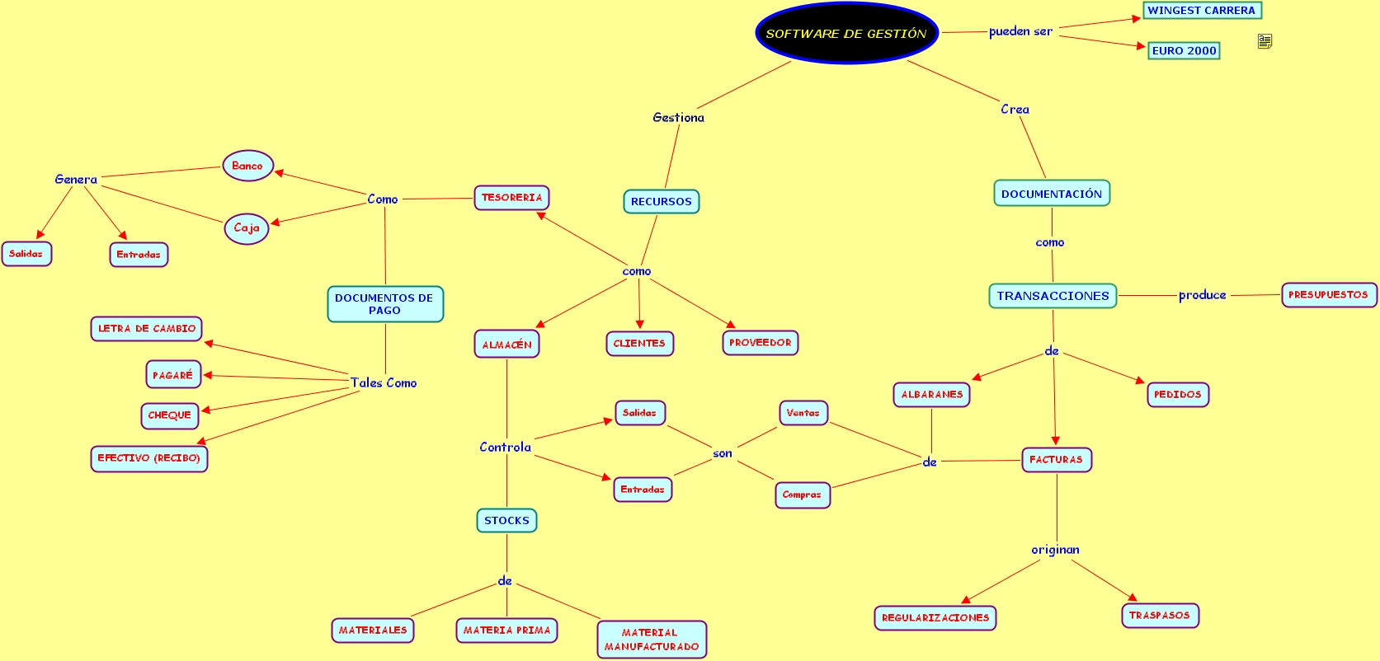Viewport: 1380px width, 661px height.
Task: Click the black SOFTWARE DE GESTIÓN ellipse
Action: coord(846,34)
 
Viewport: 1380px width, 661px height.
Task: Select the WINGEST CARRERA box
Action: coord(1201,11)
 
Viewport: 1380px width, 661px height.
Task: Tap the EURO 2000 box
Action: coord(1184,51)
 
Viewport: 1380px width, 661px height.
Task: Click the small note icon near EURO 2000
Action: coord(1265,41)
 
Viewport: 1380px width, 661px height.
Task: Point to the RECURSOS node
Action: coord(661,202)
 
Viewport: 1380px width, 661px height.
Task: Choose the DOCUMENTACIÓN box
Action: coord(1052,194)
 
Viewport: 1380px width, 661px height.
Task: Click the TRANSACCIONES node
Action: coord(1053,296)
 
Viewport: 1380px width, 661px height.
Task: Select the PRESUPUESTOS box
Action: coord(1328,295)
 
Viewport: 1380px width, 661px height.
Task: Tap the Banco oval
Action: coord(247,166)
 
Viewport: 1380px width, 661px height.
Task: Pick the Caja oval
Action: coord(247,228)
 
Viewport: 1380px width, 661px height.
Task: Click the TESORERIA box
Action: coord(511,198)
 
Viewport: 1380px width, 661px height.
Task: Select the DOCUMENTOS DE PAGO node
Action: coord(385,304)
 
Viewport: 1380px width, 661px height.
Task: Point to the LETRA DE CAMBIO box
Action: coord(146,329)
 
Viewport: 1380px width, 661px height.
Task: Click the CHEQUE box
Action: coord(170,415)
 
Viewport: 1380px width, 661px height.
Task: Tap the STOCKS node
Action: coord(506,521)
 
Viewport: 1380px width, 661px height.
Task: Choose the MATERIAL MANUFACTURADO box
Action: coord(652,640)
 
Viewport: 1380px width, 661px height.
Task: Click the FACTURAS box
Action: coord(1056,460)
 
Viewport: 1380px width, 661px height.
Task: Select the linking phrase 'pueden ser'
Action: coord(1020,32)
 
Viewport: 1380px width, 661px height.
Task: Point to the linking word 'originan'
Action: coord(1055,550)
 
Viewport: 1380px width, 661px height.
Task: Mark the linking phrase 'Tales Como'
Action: coord(384,383)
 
